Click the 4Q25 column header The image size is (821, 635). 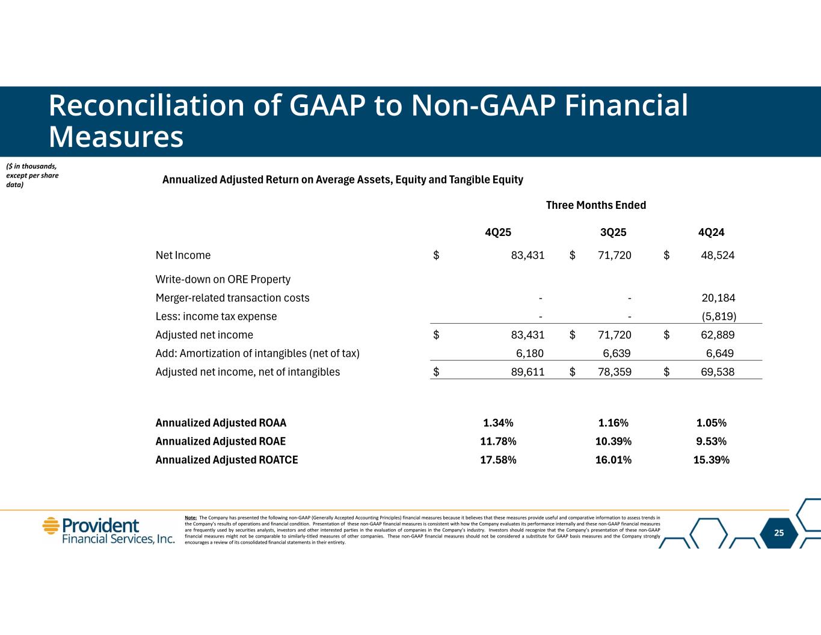(498, 232)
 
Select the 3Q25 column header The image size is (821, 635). (613, 232)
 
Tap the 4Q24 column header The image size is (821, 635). (711, 232)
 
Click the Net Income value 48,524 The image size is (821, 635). (718, 255)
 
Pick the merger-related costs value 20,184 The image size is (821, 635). (718, 298)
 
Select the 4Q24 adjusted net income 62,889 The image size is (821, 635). (718, 335)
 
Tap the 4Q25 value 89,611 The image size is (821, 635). (527, 372)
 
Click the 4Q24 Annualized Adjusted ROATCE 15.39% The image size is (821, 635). (712, 460)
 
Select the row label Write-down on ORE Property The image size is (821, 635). (223, 279)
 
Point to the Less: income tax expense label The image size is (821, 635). (217, 317)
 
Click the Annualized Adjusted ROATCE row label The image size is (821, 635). (227, 460)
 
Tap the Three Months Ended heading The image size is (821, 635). (595, 205)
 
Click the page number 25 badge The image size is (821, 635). (779, 533)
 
